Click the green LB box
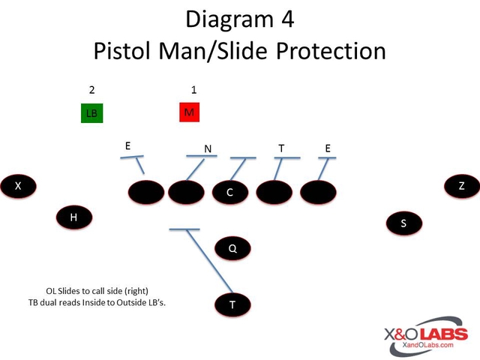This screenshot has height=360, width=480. (x=91, y=113)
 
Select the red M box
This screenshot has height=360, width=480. (x=189, y=112)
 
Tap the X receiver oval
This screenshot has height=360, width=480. (x=18, y=186)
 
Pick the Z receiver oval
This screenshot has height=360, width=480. (x=461, y=186)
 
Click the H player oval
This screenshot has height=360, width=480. (x=73, y=217)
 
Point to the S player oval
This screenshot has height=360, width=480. (x=403, y=223)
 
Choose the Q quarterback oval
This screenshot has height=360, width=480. (x=232, y=248)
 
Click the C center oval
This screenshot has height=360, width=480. (x=229, y=193)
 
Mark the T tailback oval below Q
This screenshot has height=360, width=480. (x=232, y=304)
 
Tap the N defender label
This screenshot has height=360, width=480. (x=208, y=148)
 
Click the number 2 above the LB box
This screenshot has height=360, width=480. (x=91, y=90)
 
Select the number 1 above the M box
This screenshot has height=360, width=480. (x=193, y=90)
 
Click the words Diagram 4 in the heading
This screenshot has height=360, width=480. (x=240, y=18)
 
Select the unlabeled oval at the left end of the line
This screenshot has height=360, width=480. (x=146, y=193)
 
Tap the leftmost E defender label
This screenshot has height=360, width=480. (x=128, y=145)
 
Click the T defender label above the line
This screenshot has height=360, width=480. (x=281, y=148)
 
